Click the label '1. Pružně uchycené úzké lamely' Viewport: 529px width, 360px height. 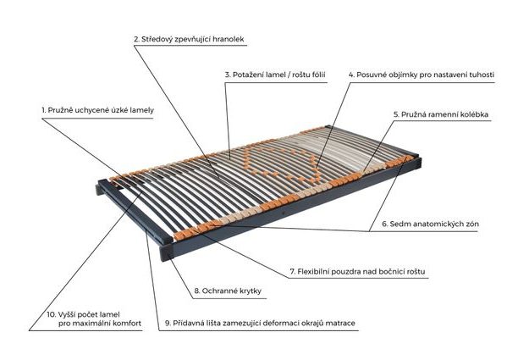tap(97, 110)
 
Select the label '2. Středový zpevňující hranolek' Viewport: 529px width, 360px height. tap(189, 39)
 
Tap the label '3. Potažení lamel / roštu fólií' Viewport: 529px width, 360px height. tap(275, 75)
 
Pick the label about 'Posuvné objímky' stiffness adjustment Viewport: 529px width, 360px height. tap(422, 75)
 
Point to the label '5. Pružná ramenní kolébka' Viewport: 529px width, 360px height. tap(441, 114)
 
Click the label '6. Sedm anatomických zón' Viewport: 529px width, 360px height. tap(430, 224)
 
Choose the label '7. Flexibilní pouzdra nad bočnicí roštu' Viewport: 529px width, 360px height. tap(358, 272)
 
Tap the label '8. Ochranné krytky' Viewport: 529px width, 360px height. tap(228, 291)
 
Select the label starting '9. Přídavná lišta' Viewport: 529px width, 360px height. tap(260, 324)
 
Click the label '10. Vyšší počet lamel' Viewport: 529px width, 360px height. tap(94, 318)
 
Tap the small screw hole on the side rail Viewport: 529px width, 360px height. tap(283, 213)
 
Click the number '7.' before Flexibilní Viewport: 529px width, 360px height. tap(293, 272)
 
